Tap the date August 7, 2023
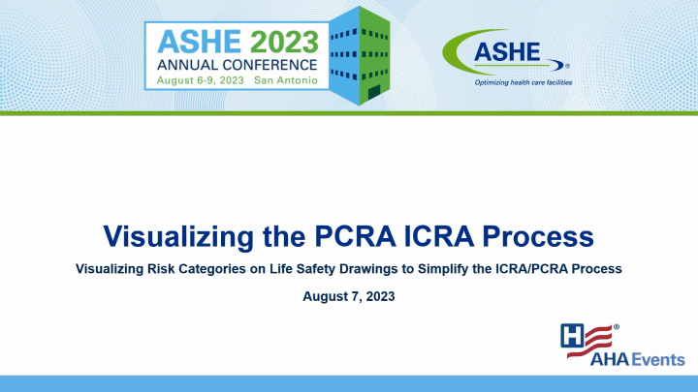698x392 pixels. pyautogui.click(x=349, y=296)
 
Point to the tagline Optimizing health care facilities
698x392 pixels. pyautogui.click(x=523, y=83)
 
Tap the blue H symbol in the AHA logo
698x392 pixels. pyautogui.click(x=574, y=335)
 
